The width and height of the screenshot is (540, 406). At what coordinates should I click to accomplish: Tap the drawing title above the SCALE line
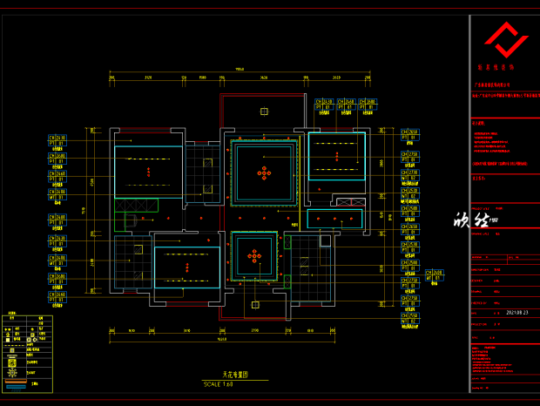click(235, 375)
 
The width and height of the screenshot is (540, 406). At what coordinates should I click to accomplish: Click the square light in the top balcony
click(263, 111)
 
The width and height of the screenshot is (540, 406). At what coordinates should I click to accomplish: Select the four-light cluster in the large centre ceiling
click(263, 173)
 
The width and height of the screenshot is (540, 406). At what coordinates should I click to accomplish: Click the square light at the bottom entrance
click(254, 305)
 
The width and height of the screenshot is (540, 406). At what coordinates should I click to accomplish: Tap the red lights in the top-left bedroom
click(148, 172)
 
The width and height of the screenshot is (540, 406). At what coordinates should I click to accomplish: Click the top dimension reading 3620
click(263, 78)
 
